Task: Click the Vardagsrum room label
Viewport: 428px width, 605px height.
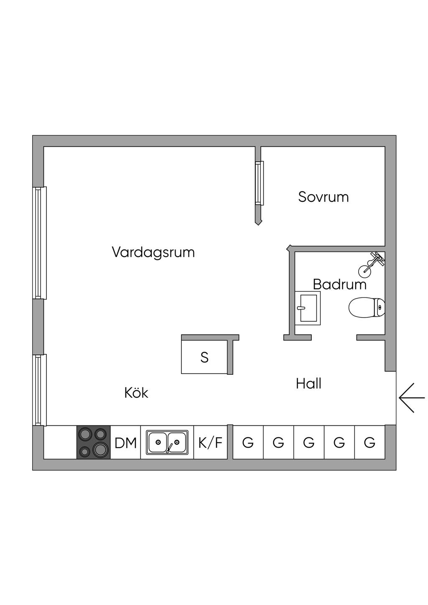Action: [x=153, y=252]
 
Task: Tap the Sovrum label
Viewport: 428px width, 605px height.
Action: [x=323, y=197]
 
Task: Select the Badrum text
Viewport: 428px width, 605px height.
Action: [x=339, y=285]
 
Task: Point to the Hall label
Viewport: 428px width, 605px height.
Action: [x=308, y=384]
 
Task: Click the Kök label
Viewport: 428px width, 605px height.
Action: [x=136, y=393]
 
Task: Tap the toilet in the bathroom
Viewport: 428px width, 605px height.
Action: [x=366, y=308]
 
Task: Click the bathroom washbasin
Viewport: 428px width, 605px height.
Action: [x=308, y=308]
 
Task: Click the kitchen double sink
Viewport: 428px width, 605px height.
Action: [x=167, y=442]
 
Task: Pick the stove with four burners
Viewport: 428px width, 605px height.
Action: [x=93, y=442]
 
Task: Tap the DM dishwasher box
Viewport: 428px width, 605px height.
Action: [x=126, y=442]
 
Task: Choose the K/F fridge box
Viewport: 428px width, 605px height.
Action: [x=210, y=442]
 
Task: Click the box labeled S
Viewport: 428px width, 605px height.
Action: [x=204, y=357]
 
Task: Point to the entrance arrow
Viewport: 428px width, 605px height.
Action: [x=412, y=398]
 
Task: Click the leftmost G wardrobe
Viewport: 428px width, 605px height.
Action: [x=248, y=442]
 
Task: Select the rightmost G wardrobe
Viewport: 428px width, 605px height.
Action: [x=369, y=442]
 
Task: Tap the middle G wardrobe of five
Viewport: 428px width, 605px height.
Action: [x=309, y=442]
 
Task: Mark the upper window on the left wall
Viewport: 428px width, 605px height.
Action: [x=39, y=243]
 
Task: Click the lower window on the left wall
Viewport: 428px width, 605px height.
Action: [x=39, y=390]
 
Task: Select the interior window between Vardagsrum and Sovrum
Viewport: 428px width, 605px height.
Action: [x=260, y=183]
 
